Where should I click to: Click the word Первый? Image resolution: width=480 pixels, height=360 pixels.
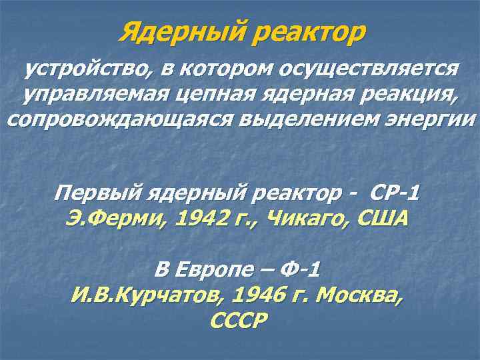coord(94,194)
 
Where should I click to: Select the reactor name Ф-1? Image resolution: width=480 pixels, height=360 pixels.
coord(299,270)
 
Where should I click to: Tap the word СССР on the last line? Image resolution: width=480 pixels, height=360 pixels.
coord(239,320)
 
